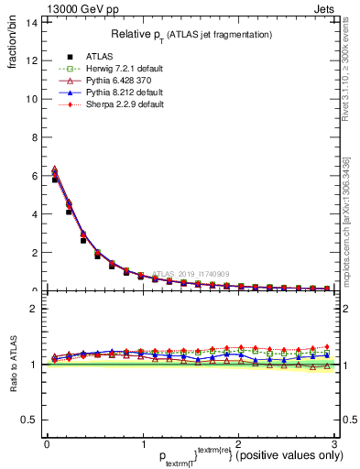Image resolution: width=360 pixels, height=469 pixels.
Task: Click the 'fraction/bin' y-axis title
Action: point(12,40)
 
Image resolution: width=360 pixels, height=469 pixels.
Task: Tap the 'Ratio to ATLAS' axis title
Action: point(12,365)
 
